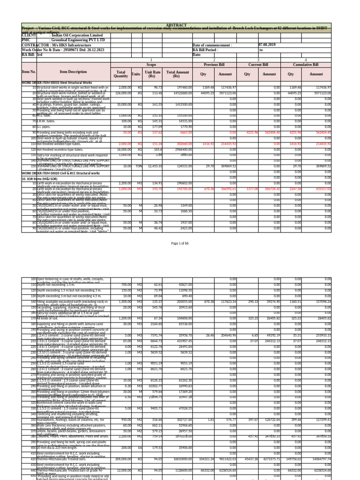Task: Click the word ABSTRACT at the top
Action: coord(173,26)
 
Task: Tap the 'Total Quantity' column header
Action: coord(120,74)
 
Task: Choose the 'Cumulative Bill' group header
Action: coord(305,65)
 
